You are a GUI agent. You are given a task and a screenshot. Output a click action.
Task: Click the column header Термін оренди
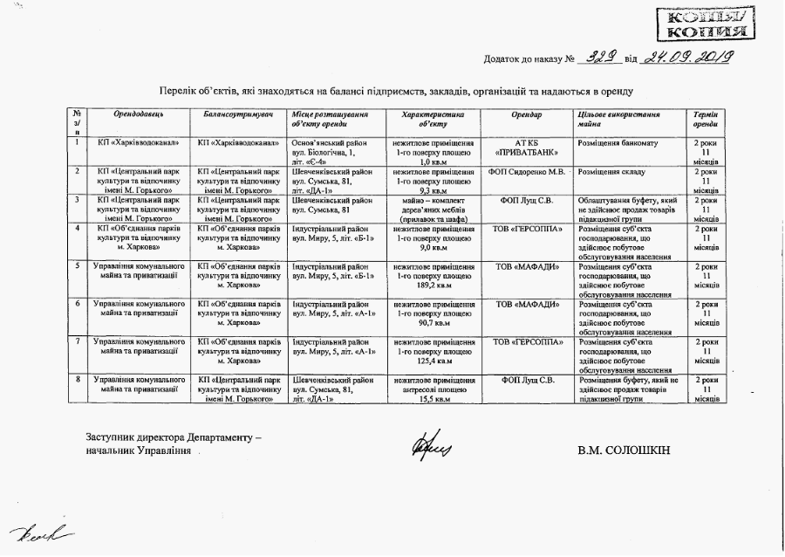tap(705, 120)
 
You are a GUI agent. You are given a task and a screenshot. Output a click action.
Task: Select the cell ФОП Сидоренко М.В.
tap(527, 171)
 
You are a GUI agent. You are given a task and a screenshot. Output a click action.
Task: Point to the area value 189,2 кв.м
tap(433, 284)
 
